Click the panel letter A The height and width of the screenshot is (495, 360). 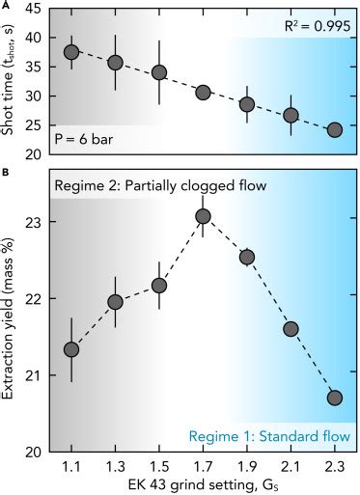[6, 5]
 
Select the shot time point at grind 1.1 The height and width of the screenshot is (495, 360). [70, 52]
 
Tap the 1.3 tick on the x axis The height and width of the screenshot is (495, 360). [115, 465]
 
